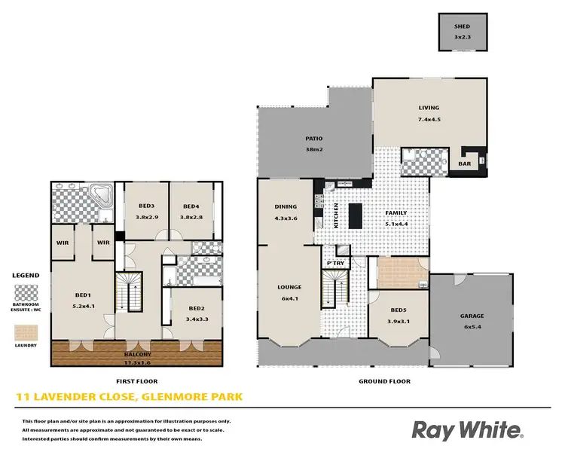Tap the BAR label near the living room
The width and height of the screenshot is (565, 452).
pyautogui.click(x=465, y=163)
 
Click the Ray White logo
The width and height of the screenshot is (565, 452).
pyautogui.click(x=466, y=430)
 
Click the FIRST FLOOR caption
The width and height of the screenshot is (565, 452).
pyautogui.click(x=136, y=381)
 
